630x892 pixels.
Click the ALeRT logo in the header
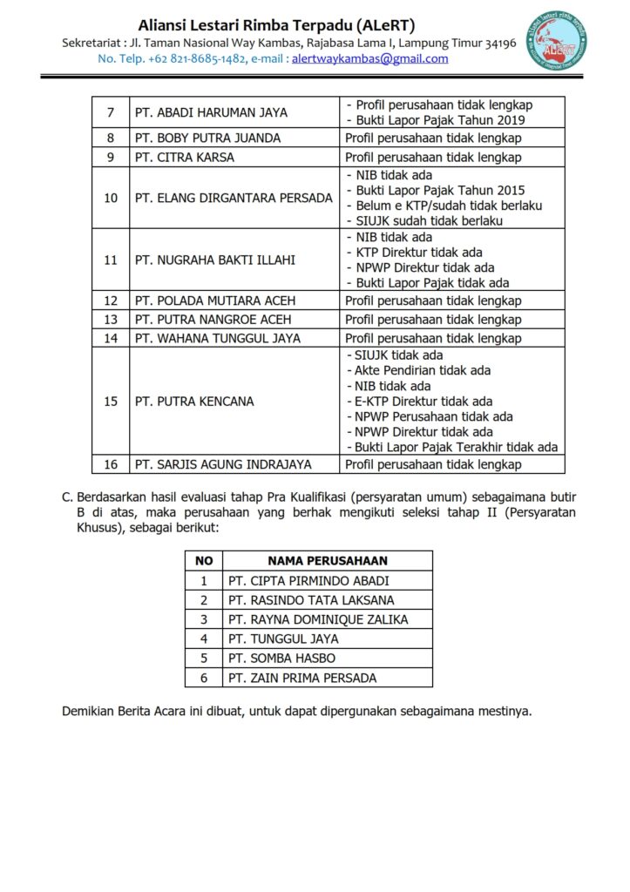pyautogui.click(x=562, y=40)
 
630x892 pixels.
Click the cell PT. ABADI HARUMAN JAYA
pyautogui.click(x=211, y=112)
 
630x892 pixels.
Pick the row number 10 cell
pyautogui.click(x=111, y=198)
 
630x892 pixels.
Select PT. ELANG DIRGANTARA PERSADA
pyautogui.click(x=234, y=198)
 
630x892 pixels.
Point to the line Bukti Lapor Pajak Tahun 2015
pyautogui.click(x=438, y=190)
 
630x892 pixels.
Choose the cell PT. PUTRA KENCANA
pyautogui.click(x=194, y=402)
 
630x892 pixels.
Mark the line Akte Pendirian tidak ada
pyautogui.click(x=421, y=370)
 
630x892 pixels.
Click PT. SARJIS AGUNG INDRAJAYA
pyautogui.click(x=223, y=464)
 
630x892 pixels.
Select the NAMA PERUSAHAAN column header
pyautogui.click(x=327, y=561)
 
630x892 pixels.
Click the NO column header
pyautogui.click(x=204, y=561)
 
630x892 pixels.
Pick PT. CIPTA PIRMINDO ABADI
pyautogui.click(x=308, y=581)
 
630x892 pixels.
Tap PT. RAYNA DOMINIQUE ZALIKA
pyautogui.click(x=317, y=619)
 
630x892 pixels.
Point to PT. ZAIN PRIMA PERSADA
pyautogui.click(x=302, y=678)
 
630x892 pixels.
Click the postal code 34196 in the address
pyautogui.click(x=499, y=43)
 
